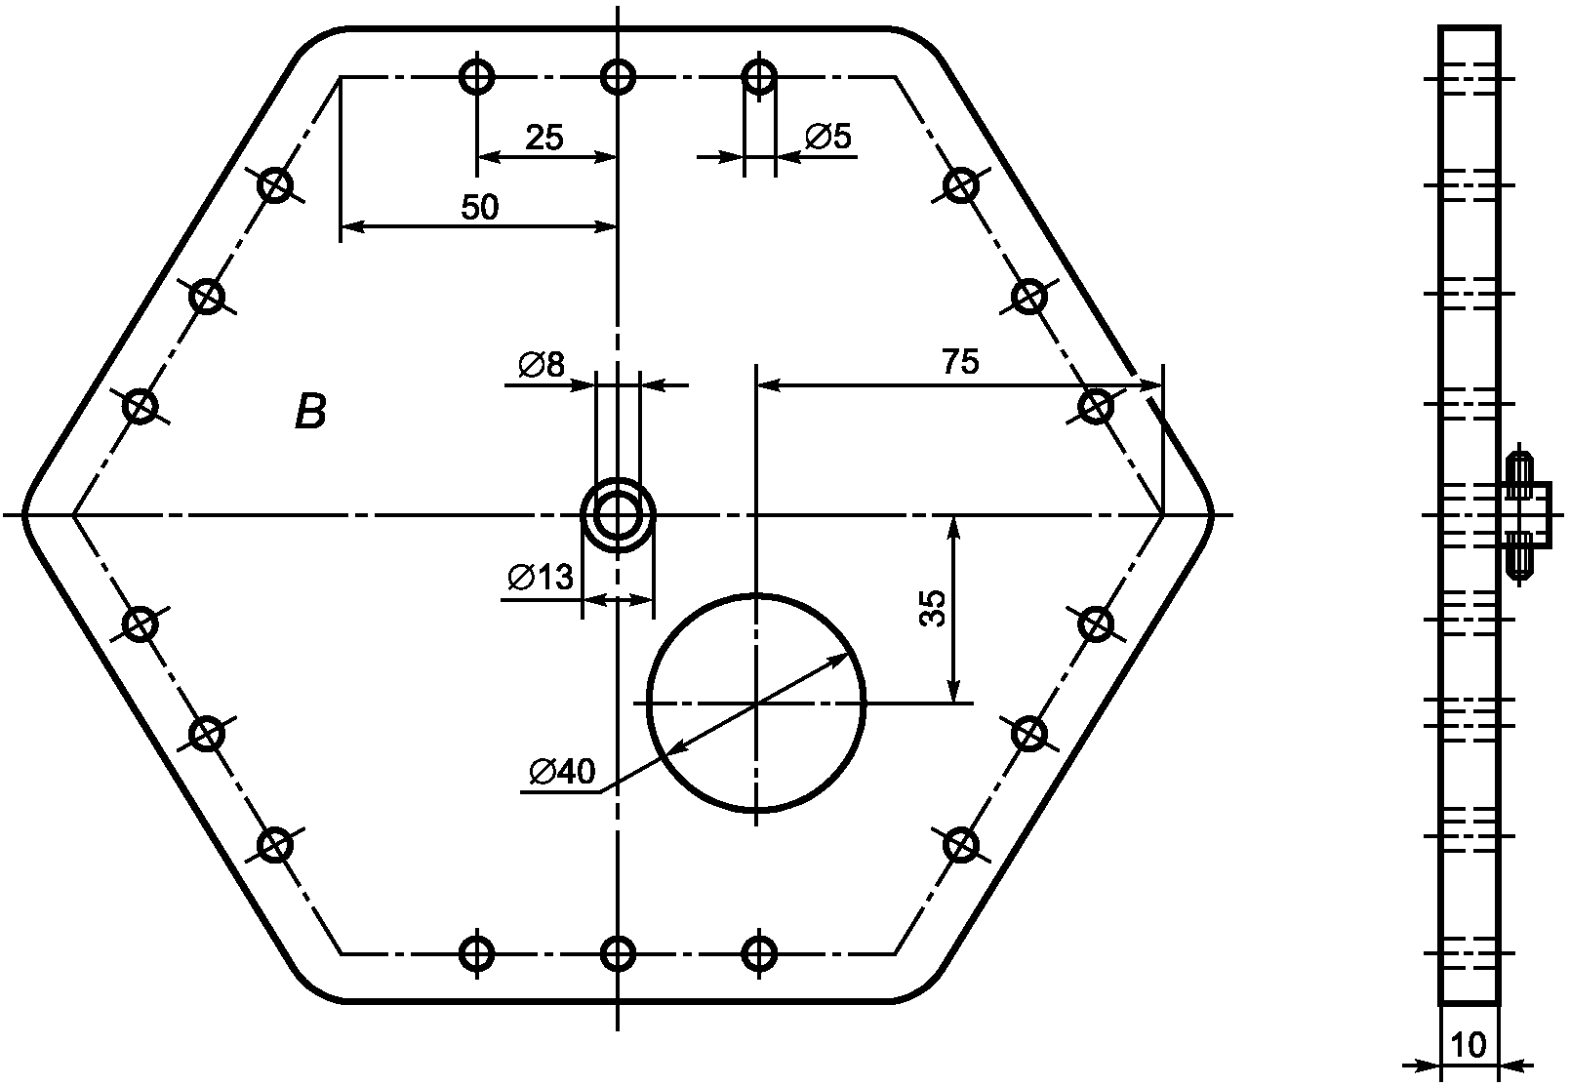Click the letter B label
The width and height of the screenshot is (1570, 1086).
(x=310, y=412)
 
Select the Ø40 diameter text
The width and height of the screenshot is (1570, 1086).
(x=562, y=771)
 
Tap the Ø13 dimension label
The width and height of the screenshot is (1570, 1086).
(x=541, y=577)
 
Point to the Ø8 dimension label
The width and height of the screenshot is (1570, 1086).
(x=542, y=365)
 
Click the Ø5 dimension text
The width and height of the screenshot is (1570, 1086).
(x=827, y=136)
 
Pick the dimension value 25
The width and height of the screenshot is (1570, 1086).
(x=543, y=138)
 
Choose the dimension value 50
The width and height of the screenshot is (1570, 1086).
(x=479, y=208)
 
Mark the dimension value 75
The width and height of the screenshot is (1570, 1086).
(x=959, y=362)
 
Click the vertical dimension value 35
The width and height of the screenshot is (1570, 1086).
(x=933, y=608)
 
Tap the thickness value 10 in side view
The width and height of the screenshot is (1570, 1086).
(x=1469, y=1045)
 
